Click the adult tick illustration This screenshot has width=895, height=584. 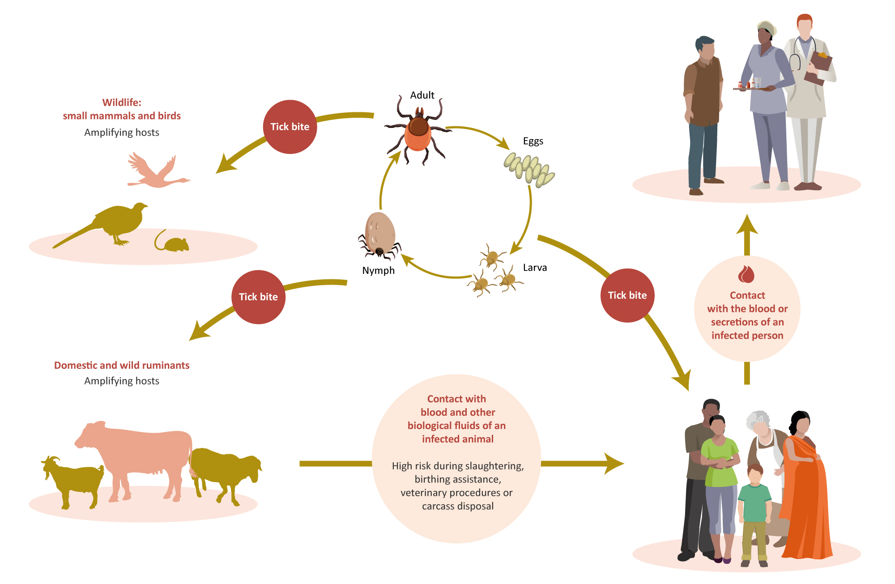pos(418,130)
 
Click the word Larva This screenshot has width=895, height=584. pos(535,268)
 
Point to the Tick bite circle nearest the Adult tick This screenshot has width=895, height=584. pos(290,127)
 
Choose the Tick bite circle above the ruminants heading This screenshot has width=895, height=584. pos(258,297)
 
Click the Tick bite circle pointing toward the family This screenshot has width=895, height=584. pos(627,295)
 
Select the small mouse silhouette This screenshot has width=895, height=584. pos(172,242)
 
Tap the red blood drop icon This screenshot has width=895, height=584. pos(746,274)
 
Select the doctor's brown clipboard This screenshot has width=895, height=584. pos(818,68)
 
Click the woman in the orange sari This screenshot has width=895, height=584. pos(805,486)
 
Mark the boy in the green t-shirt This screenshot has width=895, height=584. pos(754,515)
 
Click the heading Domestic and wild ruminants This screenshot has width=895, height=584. pos(122,365)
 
